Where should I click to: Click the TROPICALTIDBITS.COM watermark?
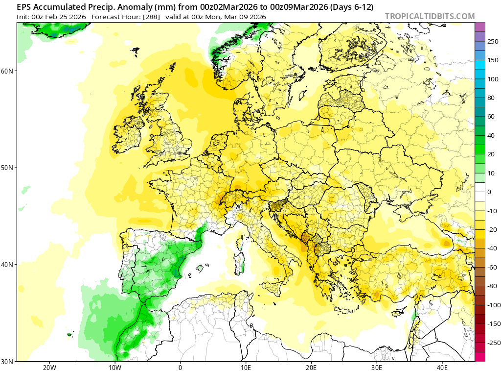pyautogui.click(x=430, y=16)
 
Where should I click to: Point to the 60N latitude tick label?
pyautogui.click(x=7, y=71)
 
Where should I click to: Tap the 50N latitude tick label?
pyautogui.click(x=7, y=168)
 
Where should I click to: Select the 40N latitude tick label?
pyautogui.click(x=7, y=265)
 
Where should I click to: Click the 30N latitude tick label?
pyautogui.click(x=7, y=361)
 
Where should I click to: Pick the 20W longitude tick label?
pyautogui.click(x=49, y=367)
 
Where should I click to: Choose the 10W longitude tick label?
pyautogui.click(x=114, y=367)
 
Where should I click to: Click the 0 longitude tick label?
pyautogui.click(x=180, y=367)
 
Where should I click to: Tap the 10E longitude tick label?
pyautogui.click(x=246, y=367)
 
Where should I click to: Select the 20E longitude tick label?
pyautogui.click(x=311, y=367)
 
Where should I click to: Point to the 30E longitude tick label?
pyautogui.click(x=377, y=367)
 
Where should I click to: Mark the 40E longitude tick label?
pyautogui.click(x=442, y=367)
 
